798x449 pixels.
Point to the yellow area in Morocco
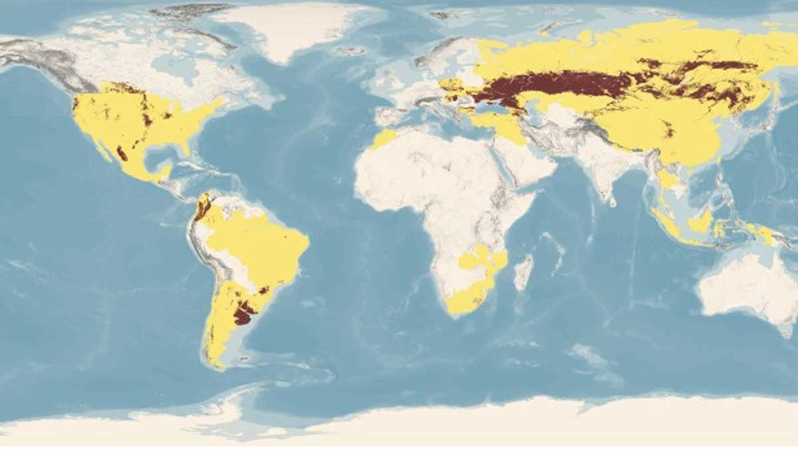pos(384,139)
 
